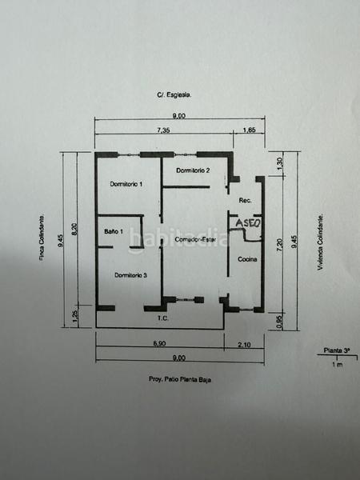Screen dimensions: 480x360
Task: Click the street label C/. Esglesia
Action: click(x=174, y=94)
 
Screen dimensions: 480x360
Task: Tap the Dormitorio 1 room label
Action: click(x=126, y=185)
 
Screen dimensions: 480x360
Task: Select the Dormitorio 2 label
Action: click(x=194, y=170)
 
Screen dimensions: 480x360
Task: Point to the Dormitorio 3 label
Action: click(x=130, y=275)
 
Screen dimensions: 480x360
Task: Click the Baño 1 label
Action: click(x=114, y=232)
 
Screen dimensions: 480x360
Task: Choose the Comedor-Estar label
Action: click(x=193, y=239)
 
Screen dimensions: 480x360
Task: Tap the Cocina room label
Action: click(x=246, y=259)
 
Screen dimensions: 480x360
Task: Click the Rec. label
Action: click(x=245, y=200)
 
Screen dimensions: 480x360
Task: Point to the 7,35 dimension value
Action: click(x=164, y=130)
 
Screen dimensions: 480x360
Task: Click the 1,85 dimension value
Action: click(x=250, y=130)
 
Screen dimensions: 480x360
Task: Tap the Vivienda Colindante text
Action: click(x=318, y=242)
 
